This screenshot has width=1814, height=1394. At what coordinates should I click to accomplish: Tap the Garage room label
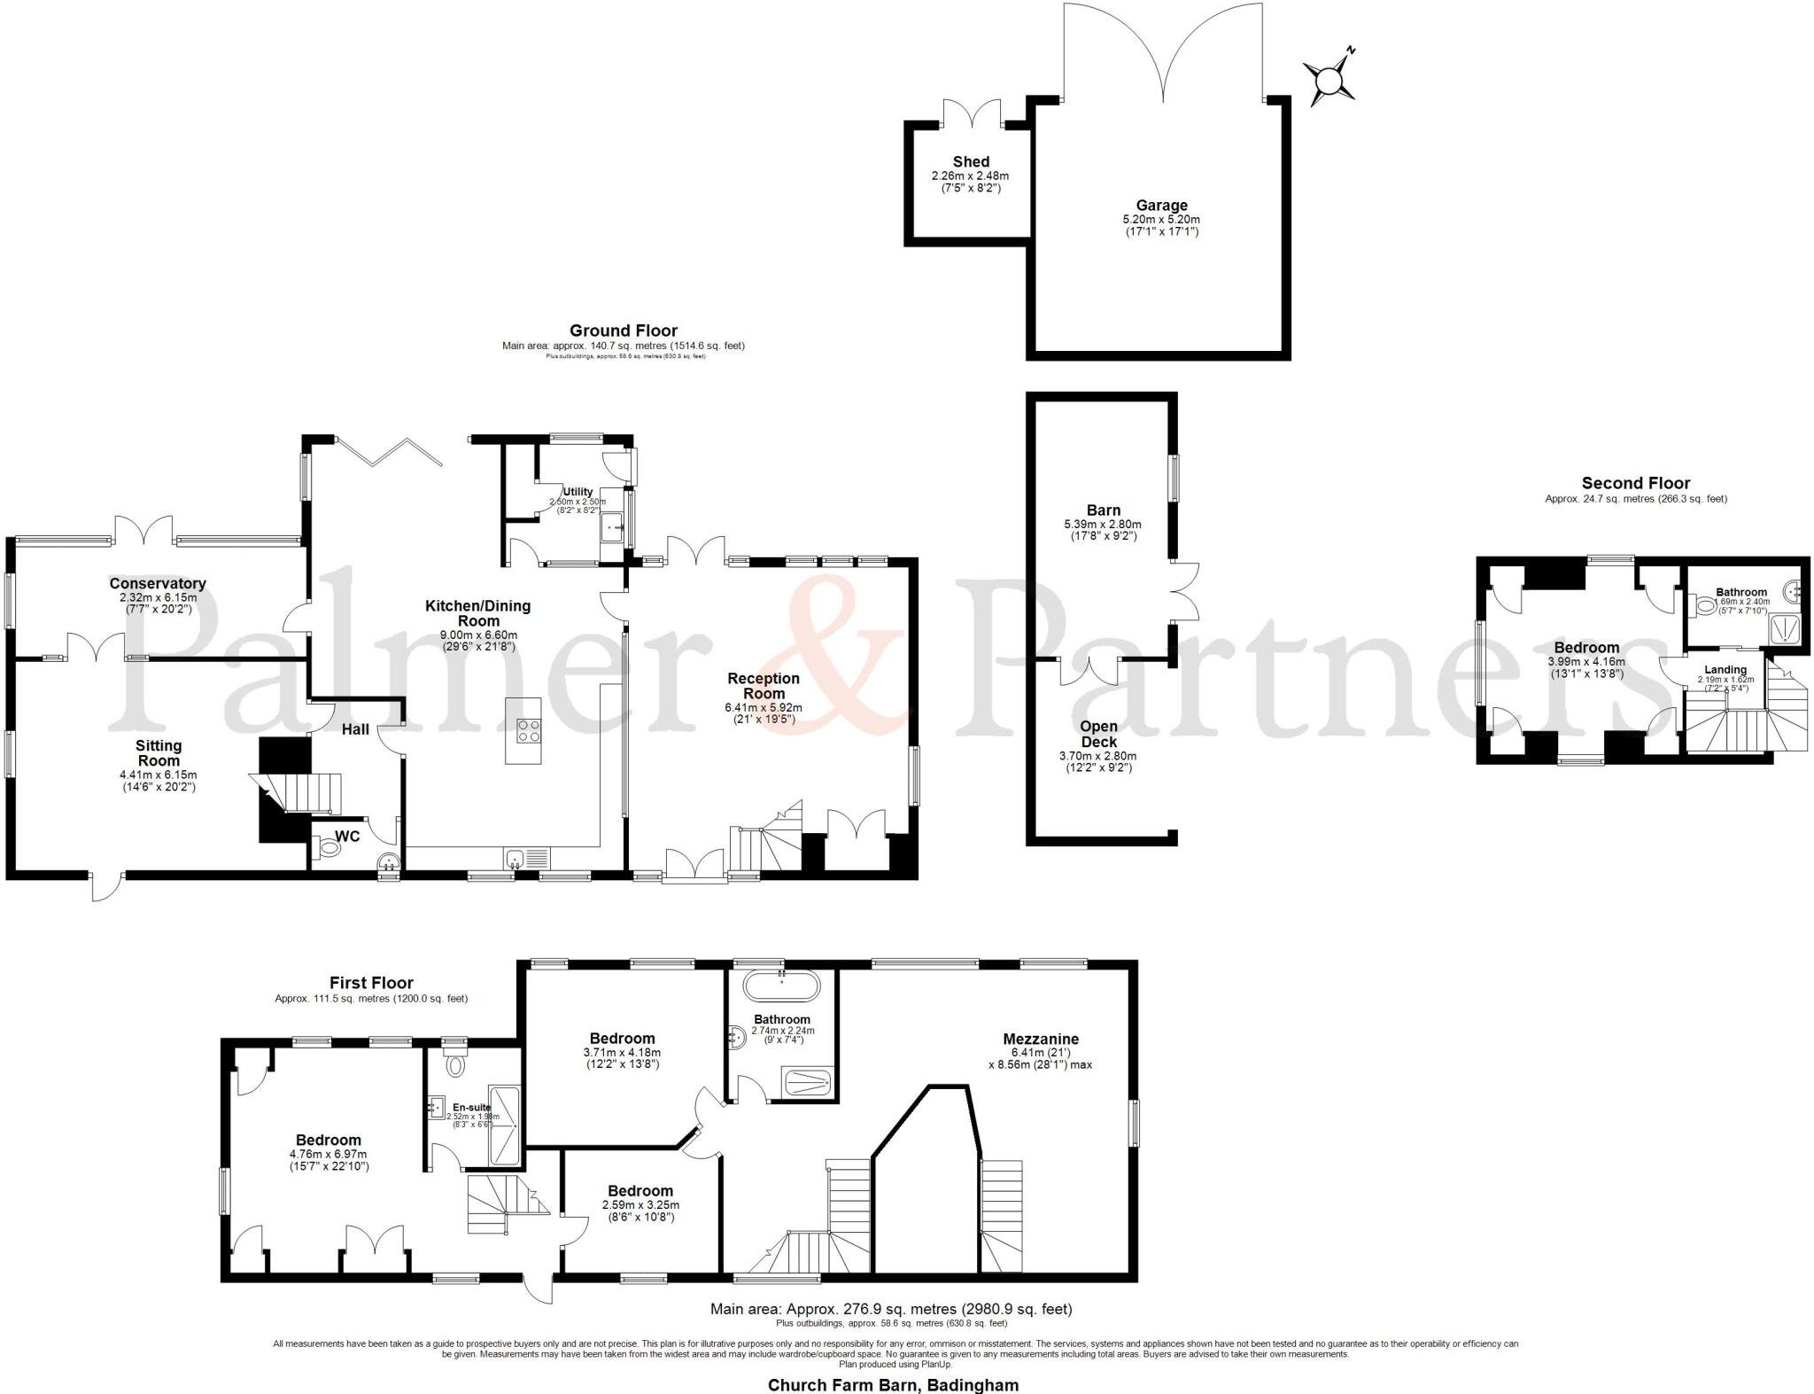[x=1161, y=206]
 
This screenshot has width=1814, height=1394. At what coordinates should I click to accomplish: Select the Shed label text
[x=971, y=162]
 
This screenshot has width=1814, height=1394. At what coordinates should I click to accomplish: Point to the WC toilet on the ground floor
[x=329, y=848]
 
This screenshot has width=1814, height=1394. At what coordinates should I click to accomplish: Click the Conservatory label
[x=158, y=583]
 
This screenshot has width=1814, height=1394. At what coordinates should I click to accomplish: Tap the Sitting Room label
[x=159, y=753]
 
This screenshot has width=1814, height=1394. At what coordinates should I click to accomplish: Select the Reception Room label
[x=764, y=686]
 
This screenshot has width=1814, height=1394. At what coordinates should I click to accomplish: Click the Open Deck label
[x=1098, y=734]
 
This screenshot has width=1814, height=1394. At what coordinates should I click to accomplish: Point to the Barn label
[x=1104, y=510]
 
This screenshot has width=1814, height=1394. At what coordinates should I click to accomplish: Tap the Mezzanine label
[x=1041, y=1039]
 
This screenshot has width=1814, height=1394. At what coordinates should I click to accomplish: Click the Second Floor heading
[x=1636, y=483]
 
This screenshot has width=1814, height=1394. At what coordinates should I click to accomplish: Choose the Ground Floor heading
[x=624, y=331]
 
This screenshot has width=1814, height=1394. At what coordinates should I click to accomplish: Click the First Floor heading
[x=371, y=983]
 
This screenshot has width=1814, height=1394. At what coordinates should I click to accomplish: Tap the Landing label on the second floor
[x=1725, y=670]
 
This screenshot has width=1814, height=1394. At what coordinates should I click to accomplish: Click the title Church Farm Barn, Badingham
[x=893, y=1384]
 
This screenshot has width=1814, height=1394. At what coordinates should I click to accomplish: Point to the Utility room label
[x=578, y=492]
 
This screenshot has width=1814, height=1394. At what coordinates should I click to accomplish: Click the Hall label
[x=356, y=728]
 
